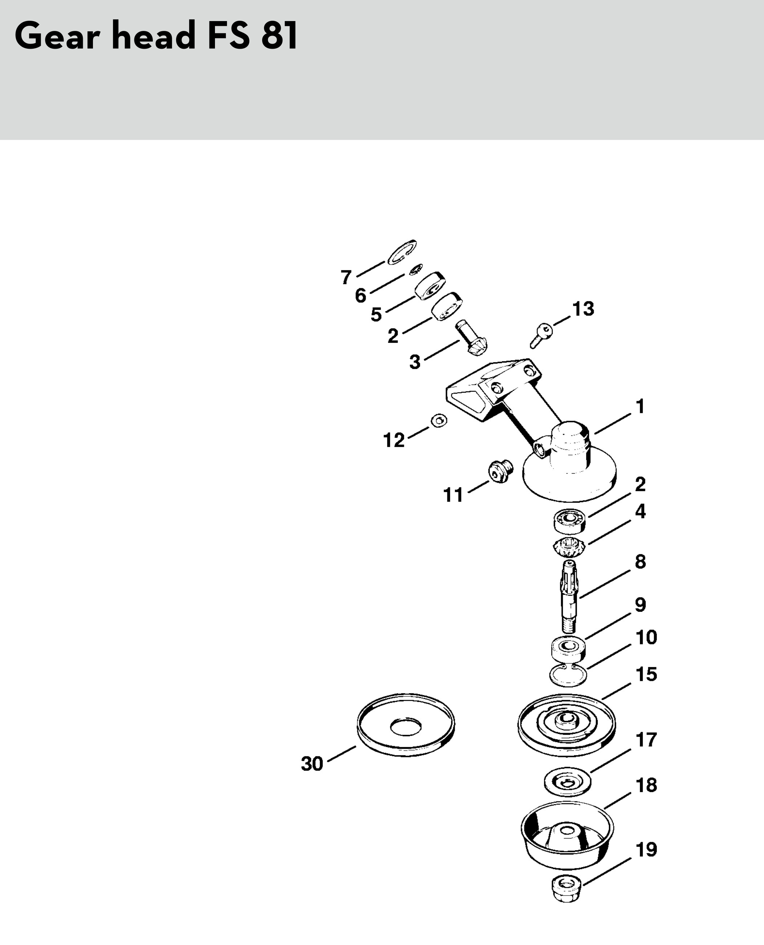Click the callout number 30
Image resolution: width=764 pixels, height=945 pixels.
[x=312, y=764]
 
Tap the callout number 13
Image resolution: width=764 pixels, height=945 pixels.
[x=583, y=309]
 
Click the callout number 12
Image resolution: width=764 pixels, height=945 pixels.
[x=394, y=440]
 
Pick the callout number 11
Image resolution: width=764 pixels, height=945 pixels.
[x=453, y=495]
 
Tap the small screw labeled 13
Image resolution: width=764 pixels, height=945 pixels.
[x=541, y=335]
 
